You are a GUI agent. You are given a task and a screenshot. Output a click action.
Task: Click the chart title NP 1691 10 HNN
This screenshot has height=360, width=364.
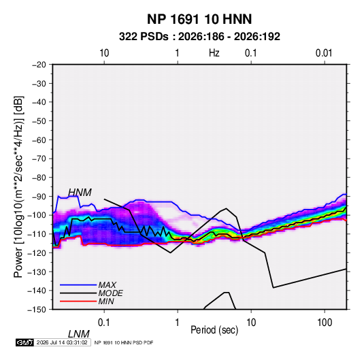pos(199,19)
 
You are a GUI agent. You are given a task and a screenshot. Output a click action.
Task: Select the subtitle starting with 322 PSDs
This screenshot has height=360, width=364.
pos(199,37)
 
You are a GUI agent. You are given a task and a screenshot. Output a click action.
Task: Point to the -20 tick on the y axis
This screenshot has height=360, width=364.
pos(39,65)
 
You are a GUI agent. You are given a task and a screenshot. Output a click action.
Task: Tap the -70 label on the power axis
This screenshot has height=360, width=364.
pos(39,159)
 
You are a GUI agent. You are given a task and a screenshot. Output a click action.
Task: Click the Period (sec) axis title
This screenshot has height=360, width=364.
pos(214,330)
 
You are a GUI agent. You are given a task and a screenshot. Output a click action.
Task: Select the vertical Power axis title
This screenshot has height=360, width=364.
pos(18,187)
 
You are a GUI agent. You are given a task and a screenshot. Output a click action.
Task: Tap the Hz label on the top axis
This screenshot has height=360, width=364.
pos(214,53)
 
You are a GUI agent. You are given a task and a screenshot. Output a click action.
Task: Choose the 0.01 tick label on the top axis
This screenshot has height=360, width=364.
pos(324,53)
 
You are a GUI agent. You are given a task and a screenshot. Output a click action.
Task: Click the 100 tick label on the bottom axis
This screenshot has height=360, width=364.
pos(325,323)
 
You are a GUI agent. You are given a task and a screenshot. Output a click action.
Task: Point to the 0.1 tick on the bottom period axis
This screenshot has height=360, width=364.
pos(104,323)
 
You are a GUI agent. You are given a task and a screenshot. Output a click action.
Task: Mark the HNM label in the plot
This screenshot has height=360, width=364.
pos(80,193)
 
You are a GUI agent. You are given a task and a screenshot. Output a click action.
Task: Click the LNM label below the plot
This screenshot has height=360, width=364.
pos(79,334)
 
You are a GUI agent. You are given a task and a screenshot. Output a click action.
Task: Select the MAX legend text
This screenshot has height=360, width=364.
pos(107,284)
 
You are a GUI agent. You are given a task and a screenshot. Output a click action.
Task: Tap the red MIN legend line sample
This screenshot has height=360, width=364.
pos(78,301)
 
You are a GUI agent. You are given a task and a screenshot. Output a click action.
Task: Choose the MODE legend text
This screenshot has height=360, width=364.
pos(110,293)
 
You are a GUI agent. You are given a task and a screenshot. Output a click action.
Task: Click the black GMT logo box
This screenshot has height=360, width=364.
pos(25,342)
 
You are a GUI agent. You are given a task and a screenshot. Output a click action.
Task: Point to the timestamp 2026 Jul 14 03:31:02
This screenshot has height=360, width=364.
pos(62,342)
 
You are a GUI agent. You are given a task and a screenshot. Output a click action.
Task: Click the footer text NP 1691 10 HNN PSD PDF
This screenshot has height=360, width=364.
pos(124,342)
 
